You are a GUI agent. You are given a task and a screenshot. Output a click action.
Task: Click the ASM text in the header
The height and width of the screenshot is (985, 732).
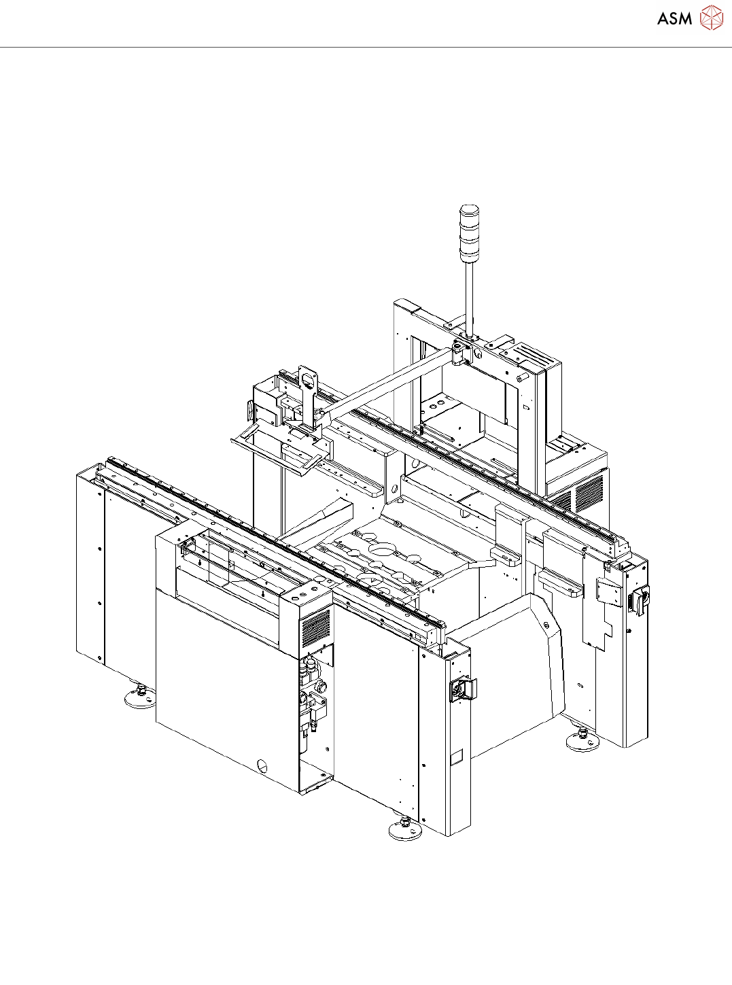pos(674,18)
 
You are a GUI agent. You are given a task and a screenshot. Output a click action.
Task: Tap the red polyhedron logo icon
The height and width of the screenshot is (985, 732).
pos(711,18)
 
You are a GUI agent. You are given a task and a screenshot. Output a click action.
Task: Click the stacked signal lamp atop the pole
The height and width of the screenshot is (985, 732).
pos(469,233)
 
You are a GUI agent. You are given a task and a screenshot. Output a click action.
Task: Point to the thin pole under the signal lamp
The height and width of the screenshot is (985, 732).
pos(469,298)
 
